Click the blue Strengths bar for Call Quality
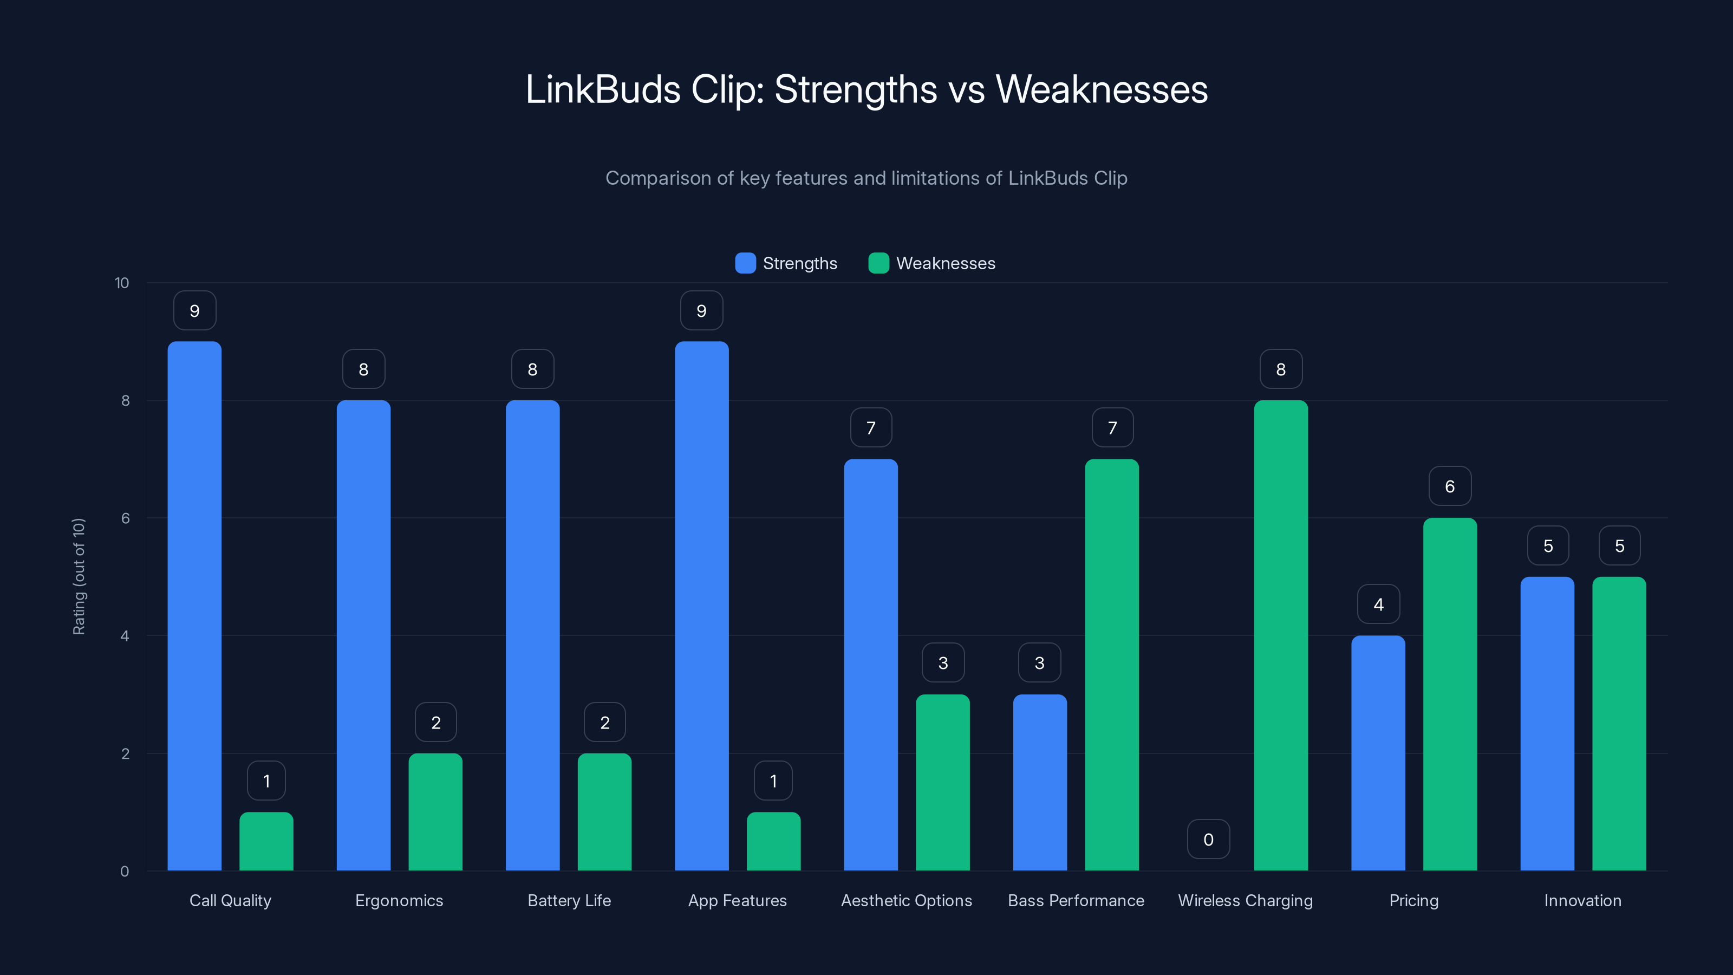(194, 606)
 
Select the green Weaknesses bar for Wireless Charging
(1281, 635)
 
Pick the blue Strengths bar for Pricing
(1378, 753)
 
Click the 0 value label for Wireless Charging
(1208, 839)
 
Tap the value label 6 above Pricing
(1450, 486)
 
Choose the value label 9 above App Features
(701, 310)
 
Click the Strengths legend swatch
(745, 263)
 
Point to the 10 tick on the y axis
(122, 283)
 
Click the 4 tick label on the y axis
(125, 636)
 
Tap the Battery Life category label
(569, 900)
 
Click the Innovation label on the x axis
(1582, 900)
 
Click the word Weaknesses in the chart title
(1102, 89)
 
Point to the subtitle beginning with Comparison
(866, 178)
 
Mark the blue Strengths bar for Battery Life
(532, 635)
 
